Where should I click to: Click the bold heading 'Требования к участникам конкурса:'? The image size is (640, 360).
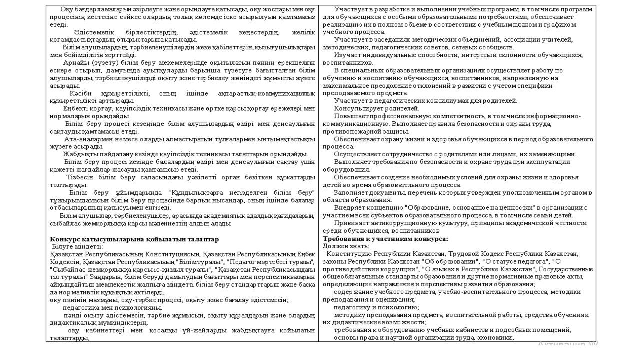click(385, 239)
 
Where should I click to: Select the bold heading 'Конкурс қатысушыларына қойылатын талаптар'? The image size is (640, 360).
click(134, 239)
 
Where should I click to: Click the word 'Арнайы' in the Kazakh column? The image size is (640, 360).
click(74, 63)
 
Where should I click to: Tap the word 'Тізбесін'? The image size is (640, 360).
click(79, 177)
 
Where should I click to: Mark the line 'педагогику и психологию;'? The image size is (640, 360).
click(376, 307)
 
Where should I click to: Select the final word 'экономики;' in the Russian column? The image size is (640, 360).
click(498, 338)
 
